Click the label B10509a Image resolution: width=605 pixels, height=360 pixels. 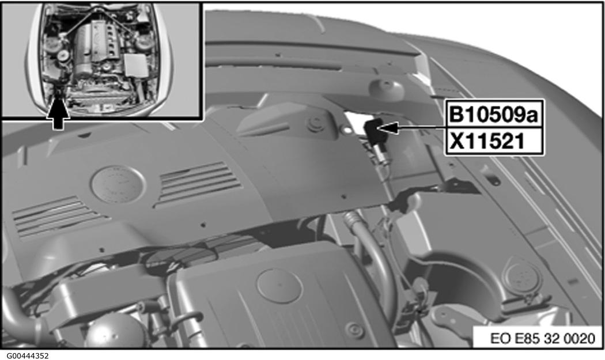494,115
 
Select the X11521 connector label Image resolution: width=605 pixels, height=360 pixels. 487,142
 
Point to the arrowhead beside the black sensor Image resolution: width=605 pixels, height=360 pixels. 389,128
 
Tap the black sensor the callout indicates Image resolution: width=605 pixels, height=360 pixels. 374,132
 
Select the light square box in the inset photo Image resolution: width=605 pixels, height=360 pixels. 135,65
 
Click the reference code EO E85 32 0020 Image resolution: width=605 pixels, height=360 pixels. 543,338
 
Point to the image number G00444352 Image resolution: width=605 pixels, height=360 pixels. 25,356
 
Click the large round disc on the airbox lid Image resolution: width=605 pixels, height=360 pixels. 279,285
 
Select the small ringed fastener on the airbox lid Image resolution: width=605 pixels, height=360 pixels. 355,330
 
